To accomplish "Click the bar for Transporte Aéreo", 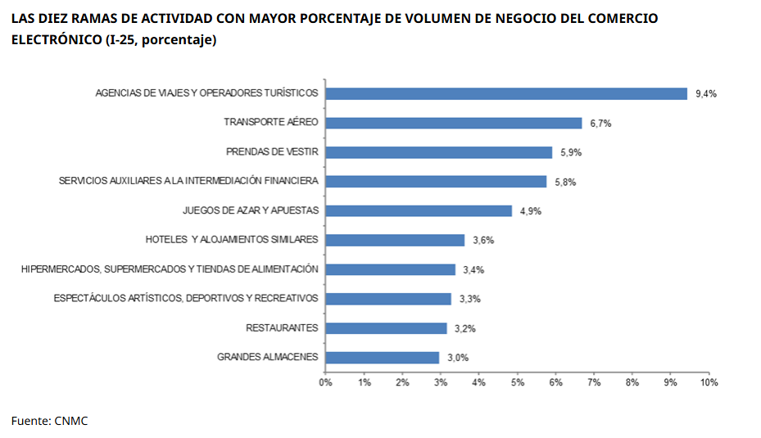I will point(453,123).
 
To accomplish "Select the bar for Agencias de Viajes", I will point(505,93).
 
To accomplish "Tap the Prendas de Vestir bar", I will point(438,152).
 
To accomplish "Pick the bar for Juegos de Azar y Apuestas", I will point(418,210).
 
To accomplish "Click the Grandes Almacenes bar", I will point(382,357).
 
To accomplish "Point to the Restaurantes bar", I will point(386,328).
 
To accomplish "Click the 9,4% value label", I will point(706,93).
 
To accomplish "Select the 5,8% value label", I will point(565,182).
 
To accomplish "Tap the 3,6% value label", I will point(483,240).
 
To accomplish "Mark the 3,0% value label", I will point(458,358).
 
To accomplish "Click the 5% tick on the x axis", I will point(517,382).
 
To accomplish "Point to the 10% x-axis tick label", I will point(709,382).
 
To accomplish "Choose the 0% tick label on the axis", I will point(325,382).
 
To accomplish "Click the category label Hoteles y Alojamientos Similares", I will point(232,240).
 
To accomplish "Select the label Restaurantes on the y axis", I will point(282,328).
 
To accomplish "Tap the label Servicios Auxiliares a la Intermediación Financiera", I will point(188,182).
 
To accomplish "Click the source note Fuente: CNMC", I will point(49,421).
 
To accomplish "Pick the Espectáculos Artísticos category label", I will point(186,299).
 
